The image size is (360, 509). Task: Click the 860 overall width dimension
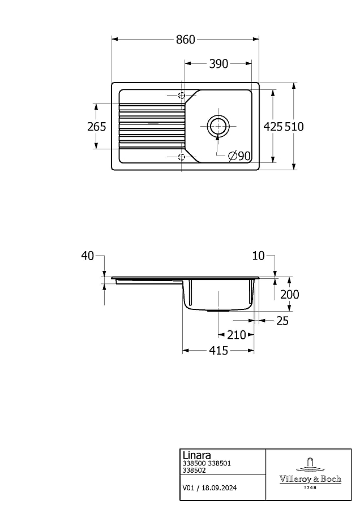point(186,40)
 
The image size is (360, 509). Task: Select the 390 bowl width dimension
point(218,64)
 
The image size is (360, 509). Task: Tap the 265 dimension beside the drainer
point(96,126)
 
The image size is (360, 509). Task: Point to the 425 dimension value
point(273,126)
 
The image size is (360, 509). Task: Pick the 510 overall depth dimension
point(294,126)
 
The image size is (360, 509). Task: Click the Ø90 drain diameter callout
point(239,156)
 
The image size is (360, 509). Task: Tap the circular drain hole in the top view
point(217,126)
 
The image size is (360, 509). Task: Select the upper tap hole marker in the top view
point(182,95)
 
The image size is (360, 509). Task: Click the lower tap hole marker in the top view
point(182,157)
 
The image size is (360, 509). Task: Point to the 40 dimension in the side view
point(87,256)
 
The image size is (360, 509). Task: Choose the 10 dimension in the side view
point(259,256)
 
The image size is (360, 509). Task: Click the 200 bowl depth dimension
point(289,295)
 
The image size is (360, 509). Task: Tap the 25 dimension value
point(282,321)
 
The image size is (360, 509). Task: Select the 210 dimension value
point(237,335)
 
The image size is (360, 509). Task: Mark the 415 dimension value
point(218,351)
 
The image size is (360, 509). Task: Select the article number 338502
point(194,470)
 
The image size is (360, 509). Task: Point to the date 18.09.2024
point(219,488)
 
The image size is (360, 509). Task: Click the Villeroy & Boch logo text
point(310,479)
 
